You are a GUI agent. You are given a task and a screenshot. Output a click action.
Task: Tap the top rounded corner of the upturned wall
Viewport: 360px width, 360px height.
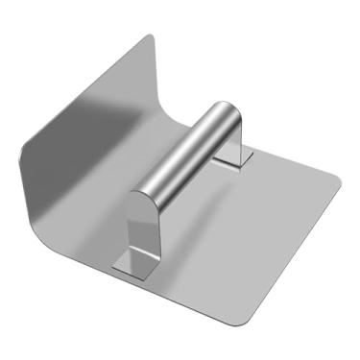[x=148, y=40]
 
